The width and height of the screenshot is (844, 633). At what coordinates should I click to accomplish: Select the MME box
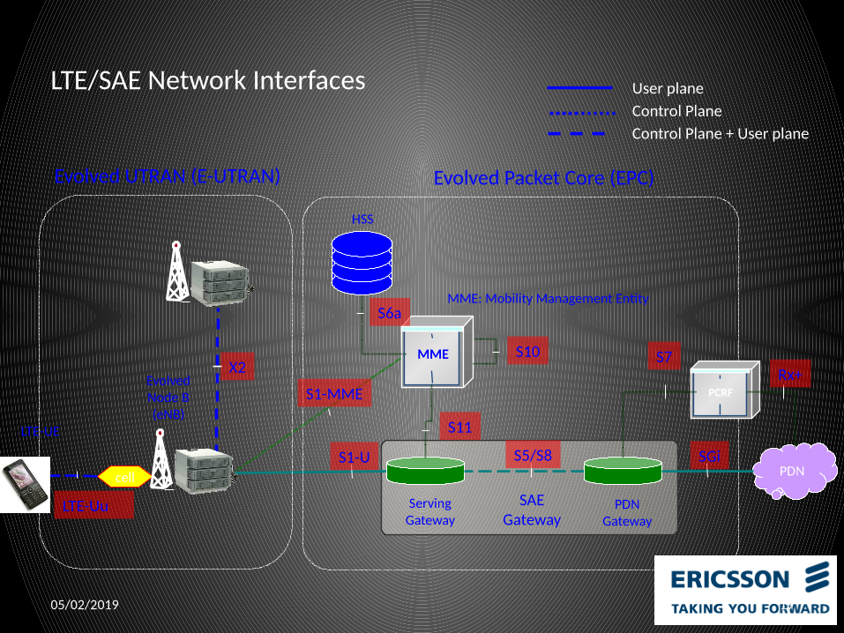tap(433, 354)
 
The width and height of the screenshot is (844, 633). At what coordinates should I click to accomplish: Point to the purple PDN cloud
tap(794, 471)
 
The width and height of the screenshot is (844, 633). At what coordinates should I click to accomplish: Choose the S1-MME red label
tap(334, 394)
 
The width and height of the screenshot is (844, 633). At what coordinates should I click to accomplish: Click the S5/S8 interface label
tap(533, 456)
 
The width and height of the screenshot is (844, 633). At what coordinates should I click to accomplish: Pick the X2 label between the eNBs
tap(235, 368)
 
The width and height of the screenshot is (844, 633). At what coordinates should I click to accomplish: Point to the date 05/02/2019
tap(85, 606)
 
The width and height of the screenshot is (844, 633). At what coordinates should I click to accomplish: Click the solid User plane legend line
tap(579, 88)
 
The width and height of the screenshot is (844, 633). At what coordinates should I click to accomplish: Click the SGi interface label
tap(709, 456)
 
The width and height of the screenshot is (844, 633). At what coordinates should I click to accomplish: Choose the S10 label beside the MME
tap(527, 352)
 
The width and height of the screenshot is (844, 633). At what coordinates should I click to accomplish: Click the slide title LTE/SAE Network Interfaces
tap(208, 80)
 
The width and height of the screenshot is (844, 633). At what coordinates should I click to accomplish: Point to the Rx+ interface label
tap(790, 375)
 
